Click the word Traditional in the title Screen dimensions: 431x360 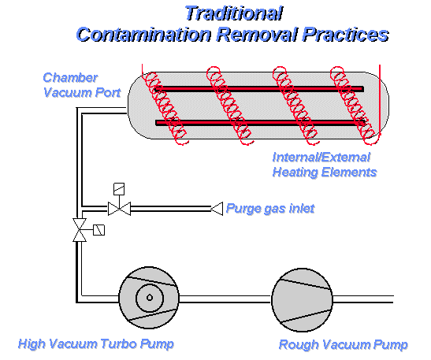point(234,13)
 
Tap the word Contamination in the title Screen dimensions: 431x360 point(143,35)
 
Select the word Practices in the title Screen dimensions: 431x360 point(346,35)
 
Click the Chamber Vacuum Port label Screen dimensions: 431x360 point(82,85)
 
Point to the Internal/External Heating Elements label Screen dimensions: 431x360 point(325,165)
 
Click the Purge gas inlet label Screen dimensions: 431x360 point(270,209)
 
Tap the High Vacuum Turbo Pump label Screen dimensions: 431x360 point(96,343)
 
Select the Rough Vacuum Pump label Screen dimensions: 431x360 point(343,344)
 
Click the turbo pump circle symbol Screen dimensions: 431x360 point(149,298)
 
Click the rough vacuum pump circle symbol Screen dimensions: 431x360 point(302,300)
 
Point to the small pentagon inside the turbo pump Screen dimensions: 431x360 point(150,297)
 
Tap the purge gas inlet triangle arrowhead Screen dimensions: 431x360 point(217,209)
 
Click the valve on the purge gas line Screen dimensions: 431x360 point(119,209)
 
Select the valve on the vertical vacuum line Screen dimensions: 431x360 point(80,230)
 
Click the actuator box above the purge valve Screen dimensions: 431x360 point(119,189)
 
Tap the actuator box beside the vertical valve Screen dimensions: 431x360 point(99,230)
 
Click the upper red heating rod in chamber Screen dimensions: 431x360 point(259,89)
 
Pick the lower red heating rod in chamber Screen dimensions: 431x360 point(260,123)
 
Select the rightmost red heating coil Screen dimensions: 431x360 point(353,106)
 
